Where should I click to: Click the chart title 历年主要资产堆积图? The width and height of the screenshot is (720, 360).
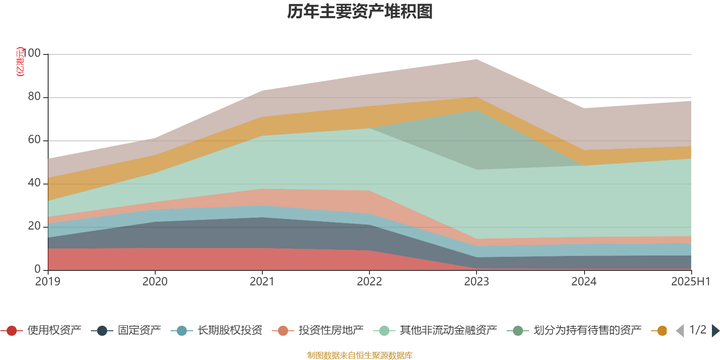360,12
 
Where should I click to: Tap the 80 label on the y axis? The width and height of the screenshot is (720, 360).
34,97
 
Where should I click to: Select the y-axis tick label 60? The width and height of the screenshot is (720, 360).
34,140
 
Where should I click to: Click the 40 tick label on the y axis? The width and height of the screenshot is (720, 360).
34,183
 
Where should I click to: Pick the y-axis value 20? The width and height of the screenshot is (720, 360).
34,226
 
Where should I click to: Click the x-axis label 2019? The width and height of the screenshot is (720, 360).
48,282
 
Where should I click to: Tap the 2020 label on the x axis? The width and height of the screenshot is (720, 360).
155,282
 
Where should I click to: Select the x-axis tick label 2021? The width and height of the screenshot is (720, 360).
262,282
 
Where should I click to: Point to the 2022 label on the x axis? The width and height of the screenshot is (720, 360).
369,282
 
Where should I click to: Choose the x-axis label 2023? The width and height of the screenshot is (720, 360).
477,282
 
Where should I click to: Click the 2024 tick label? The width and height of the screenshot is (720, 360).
584,282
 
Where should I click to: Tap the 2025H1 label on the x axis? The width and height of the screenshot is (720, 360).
690,282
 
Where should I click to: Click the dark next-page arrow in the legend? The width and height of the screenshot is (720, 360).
715,331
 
